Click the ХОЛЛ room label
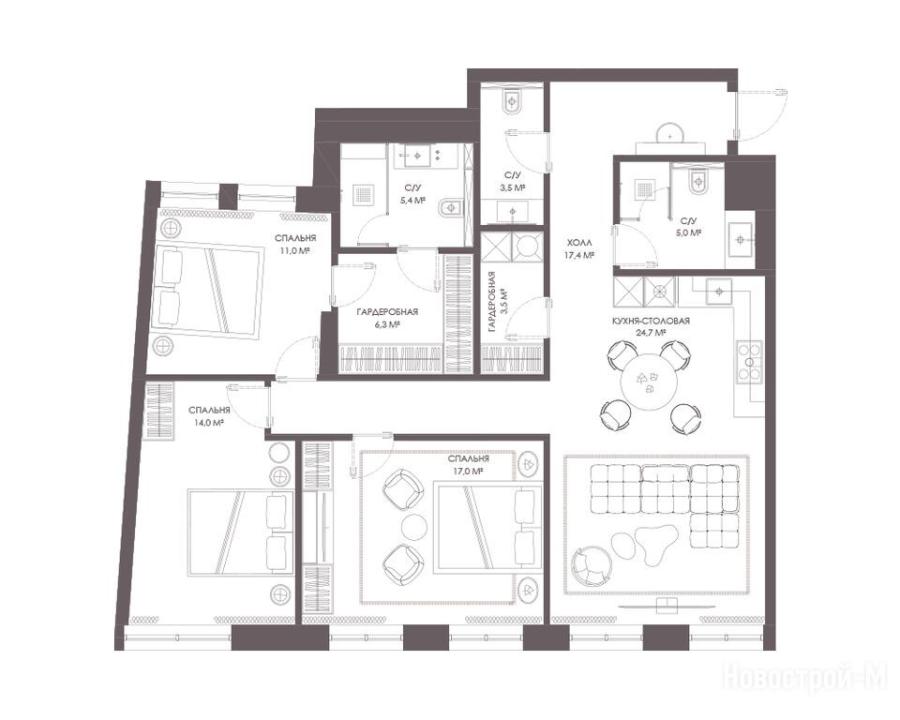click(x=578, y=244)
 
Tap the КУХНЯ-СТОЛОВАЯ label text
click(x=651, y=322)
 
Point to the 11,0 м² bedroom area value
click(x=295, y=250)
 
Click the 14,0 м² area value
click(x=209, y=422)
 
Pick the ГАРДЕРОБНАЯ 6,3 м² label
click(x=387, y=318)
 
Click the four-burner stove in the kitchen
click(x=749, y=362)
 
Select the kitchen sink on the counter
click(x=718, y=291)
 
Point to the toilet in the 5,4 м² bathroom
click(x=451, y=207)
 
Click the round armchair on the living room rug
click(x=586, y=565)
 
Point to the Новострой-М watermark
click(x=805, y=677)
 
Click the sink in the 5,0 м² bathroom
click(x=741, y=239)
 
